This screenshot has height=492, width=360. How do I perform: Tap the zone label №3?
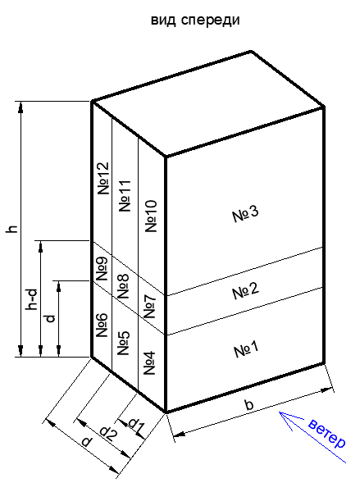click(x=245, y=214)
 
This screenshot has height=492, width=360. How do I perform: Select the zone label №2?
click(x=246, y=291)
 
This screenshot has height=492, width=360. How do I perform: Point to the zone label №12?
click(x=103, y=178)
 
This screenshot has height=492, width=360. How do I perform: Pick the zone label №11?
click(x=125, y=196)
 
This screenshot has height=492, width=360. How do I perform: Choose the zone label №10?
click(x=151, y=216)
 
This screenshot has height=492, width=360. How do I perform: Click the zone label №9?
click(x=102, y=269)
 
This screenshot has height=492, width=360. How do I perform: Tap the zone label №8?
click(x=123, y=286)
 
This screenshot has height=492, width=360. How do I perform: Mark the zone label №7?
click(x=150, y=306)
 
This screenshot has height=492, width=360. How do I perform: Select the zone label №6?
click(x=102, y=325)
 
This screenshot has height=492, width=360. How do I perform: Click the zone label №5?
click(x=123, y=344)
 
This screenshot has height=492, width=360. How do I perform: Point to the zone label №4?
click(x=149, y=363)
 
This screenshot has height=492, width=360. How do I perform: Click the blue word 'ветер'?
click(x=327, y=434)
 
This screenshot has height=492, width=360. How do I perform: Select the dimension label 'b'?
click(x=248, y=404)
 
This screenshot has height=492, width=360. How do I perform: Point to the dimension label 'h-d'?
click(x=32, y=299)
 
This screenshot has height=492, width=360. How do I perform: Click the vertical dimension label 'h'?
click(x=11, y=229)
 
